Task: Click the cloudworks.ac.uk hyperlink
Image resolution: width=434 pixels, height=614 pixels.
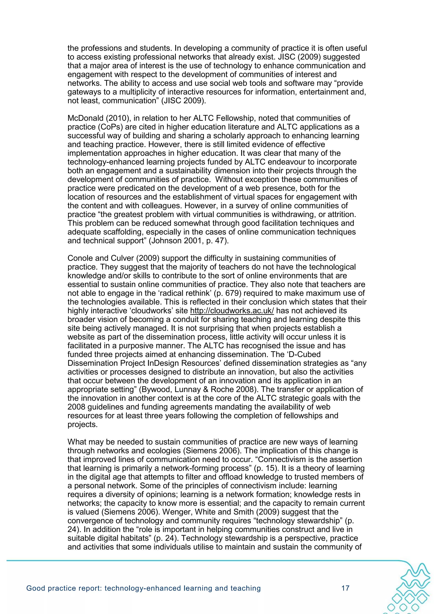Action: click(232, 311)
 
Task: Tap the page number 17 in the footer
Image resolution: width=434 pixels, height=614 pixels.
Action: click(345, 588)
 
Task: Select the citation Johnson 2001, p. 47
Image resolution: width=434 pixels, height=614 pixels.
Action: click(189, 241)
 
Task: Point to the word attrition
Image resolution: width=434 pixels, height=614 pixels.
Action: click(339, 214)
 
